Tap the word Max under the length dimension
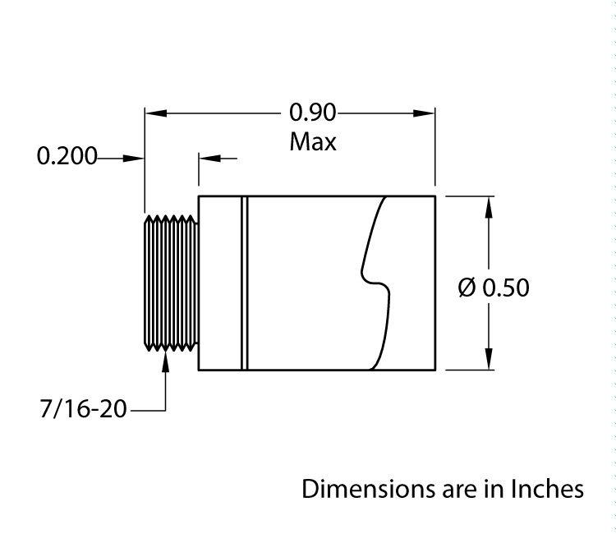click(x=313, y=141)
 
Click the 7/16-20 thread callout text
click(x=83, y=408)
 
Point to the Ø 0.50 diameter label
click(x=493, y=288)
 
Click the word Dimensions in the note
click(x=365, y=489)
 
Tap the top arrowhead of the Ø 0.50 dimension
click(x=490, y=206)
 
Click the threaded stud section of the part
click(x=171, y=283)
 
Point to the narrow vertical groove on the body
click(x=243, y=283)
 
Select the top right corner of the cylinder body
click(x=434, y=196)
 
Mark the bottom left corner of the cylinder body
click(x=199, y=371)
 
